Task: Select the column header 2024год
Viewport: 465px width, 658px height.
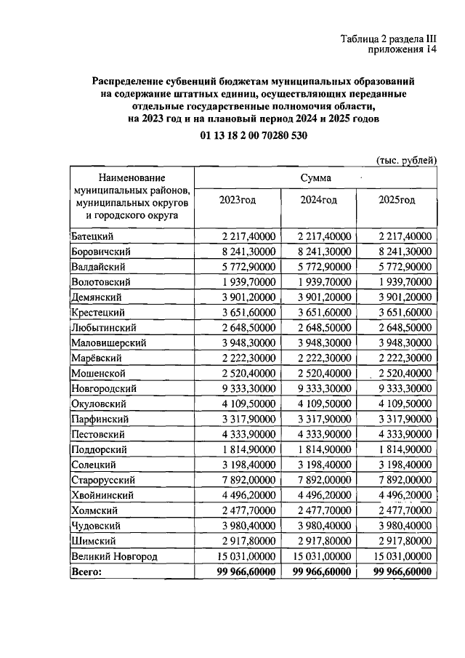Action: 319,201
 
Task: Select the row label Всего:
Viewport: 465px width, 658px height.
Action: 86,571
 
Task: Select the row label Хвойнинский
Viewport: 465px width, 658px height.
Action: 102,495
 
